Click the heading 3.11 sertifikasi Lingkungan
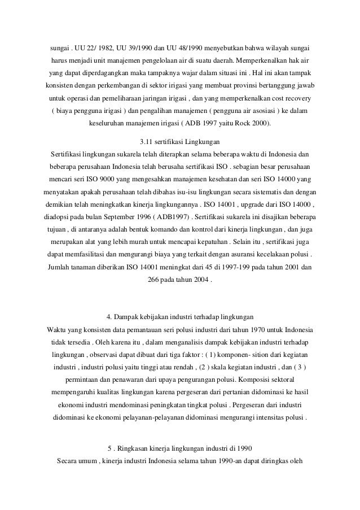179,141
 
